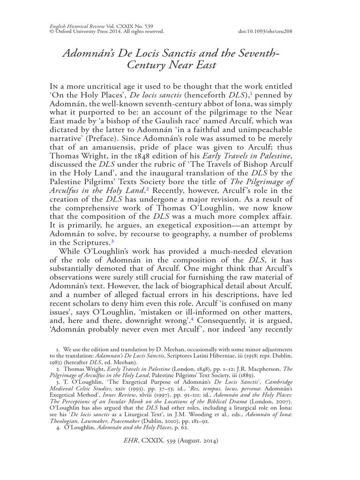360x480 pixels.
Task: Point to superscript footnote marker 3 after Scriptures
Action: click(x=112, y=240)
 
